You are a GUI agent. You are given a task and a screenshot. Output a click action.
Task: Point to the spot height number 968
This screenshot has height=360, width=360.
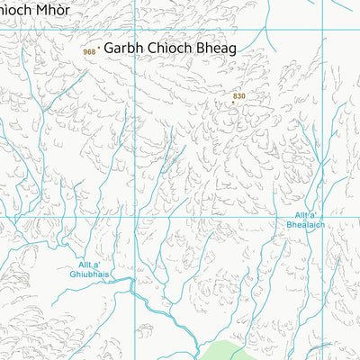point(88,52)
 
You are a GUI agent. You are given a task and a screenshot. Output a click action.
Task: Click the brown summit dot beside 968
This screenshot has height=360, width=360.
point(98,49)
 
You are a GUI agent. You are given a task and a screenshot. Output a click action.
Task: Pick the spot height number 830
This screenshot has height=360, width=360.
point(238,94)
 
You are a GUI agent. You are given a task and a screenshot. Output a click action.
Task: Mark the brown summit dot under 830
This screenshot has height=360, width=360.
point(233,102)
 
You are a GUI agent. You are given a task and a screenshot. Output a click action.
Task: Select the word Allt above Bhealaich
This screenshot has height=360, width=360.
point(303,215)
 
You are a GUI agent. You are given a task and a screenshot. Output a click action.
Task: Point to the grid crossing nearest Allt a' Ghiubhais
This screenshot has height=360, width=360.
point(136,217)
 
